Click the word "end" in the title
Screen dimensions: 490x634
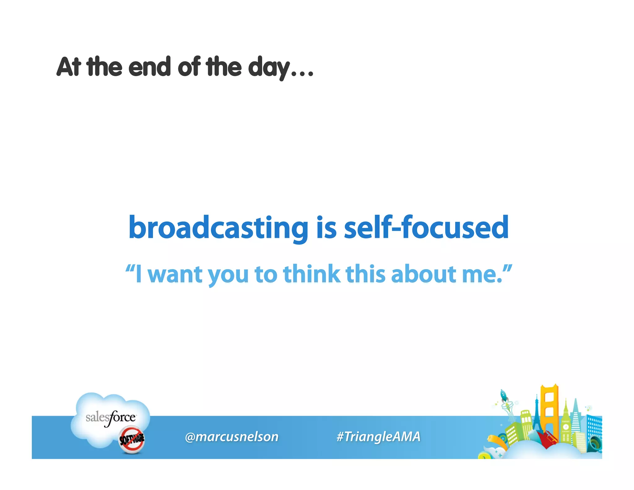coord(149,67)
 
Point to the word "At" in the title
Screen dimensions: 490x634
coord(69,67)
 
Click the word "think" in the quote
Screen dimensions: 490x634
coord(312,274)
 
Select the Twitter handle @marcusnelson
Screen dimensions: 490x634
coord(232,437)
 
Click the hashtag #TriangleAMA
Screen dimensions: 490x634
coord(378,437)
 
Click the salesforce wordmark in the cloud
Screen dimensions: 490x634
coord(111,418)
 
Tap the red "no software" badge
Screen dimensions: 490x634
coord(132,439)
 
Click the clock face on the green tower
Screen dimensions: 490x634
coord(566,427)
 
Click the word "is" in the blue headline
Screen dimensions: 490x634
coord(326,228)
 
